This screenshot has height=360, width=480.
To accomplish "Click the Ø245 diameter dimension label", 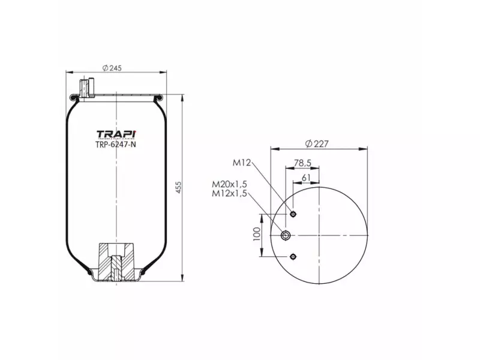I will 112,68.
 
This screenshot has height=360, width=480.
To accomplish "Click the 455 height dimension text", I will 178,187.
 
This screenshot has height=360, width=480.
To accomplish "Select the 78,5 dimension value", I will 304,162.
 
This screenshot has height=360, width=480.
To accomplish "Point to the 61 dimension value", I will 306,177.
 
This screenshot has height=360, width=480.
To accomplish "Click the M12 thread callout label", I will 241,162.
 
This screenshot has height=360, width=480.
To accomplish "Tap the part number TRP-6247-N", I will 116,144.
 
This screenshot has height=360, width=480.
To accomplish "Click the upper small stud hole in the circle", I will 293,214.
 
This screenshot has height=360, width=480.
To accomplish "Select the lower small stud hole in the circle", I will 293,257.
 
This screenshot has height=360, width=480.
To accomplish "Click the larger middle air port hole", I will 286,235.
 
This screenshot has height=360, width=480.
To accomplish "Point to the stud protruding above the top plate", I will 87,86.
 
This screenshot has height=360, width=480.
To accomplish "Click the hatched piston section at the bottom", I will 116,262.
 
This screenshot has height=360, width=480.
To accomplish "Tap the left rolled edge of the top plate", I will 74,97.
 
